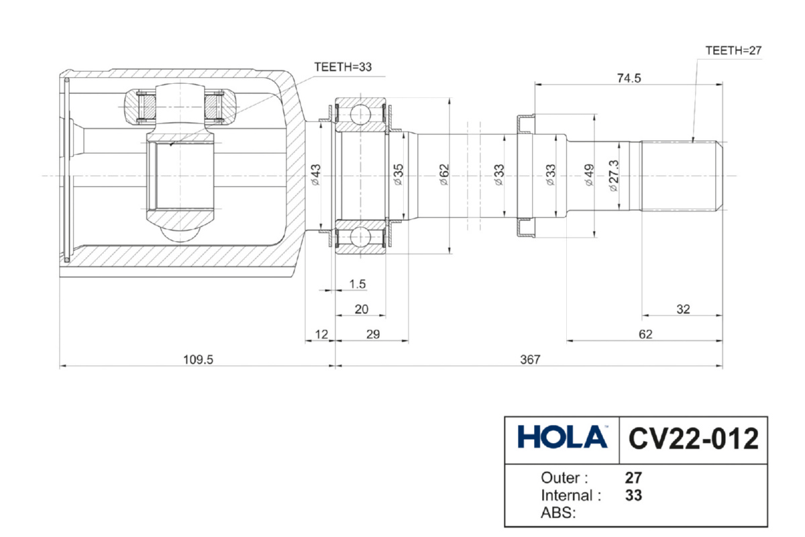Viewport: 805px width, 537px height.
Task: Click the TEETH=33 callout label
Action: (x=342, y=66)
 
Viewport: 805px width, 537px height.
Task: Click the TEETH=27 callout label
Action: (x=733, y=50)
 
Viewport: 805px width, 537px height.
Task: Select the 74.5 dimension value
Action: (x=629, y=77)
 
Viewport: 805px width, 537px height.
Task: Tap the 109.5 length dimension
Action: (x=198, y=359)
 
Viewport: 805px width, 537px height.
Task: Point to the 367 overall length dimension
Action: (x=530, y=359)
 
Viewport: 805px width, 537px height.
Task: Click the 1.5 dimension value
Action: (x=358, y=284)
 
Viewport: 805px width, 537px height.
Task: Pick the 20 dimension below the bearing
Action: (x=361, y=309)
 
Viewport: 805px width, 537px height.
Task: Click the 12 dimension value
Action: (x=320, y=334)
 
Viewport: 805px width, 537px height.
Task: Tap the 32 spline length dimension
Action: (x=683, y=309)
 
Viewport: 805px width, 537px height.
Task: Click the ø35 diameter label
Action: (x=398, y=175)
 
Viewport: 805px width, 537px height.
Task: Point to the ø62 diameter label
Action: (x=443, y=175)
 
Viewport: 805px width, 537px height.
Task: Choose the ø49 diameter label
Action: (x=589, y=175)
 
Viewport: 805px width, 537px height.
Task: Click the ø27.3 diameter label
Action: (x=613, y=176)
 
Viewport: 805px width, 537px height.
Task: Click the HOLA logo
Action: (x=562, y=438)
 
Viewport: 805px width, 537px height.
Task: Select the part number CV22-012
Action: (x=693, y=439)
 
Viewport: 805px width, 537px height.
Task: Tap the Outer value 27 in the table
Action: (x=633, y=479)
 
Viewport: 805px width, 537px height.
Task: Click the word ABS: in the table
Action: (x=559, y=514)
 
